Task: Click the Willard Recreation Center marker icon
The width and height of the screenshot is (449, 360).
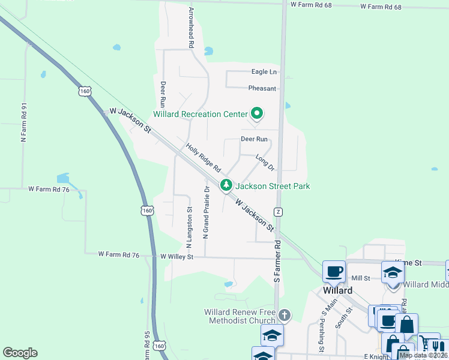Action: click(x=258, y=113)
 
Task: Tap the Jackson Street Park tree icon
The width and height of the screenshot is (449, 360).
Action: click(x=226, y=185)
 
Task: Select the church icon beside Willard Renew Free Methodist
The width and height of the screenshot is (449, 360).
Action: click(x=285, y=315)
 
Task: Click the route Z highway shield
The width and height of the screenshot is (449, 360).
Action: click(x=278, y=212)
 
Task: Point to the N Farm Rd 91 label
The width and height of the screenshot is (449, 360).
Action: click(x=25, y=123)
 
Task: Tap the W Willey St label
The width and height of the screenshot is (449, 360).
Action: click(x=177, y=256)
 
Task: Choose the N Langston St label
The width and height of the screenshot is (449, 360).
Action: click(x=190, y=227)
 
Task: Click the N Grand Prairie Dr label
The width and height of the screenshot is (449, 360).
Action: click(x=206, y=212)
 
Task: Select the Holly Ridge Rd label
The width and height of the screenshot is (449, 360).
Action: click(x=203, y=157)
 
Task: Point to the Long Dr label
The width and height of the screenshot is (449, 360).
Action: click(x=265, y=162)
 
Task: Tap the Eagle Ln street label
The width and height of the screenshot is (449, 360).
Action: click(x=264, y=72)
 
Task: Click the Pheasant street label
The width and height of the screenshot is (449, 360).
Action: click(x=262, y=88)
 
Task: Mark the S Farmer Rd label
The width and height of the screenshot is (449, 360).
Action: click(x=277, y=262)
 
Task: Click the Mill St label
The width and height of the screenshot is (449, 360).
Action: click(x=361, y=278)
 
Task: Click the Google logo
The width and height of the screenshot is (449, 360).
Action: click(x=20, y=353)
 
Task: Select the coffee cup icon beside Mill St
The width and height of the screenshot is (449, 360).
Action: click(x=334, y=271)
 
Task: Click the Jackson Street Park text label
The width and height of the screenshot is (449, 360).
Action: click(x=273, y=186)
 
